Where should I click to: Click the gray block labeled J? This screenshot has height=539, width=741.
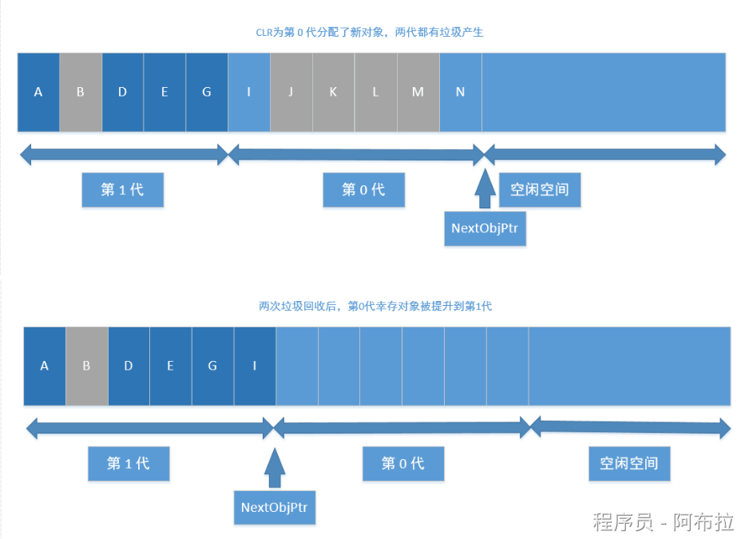(x=291, y=92)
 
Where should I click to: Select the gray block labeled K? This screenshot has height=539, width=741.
(x=334, y=92)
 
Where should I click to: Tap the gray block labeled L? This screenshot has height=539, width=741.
(x=376, y=92)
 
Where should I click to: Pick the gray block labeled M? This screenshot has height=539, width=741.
(x=418, y=92)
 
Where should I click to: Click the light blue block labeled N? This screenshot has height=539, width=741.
(x=461, y=92)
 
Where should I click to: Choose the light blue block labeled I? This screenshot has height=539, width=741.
(x=249, y=92)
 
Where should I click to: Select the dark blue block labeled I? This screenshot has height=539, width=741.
(x=255, y=366)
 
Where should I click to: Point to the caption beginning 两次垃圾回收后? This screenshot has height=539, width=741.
(x=370, y=306)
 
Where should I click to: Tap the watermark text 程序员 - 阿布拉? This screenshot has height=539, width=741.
(x=662, y=522)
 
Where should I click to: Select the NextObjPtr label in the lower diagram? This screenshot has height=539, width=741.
(x=275, y=506)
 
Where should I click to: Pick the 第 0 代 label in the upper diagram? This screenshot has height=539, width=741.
(x=363, y=190)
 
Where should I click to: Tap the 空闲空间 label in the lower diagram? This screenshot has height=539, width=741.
(x=629, y=463)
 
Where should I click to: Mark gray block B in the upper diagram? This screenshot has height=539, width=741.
(x=81, y=92)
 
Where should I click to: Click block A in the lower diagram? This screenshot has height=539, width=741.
(x=45, y=366)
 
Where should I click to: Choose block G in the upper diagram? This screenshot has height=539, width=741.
(x=207, y=92)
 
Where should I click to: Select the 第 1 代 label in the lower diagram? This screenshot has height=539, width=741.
(x=129, y=463)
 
